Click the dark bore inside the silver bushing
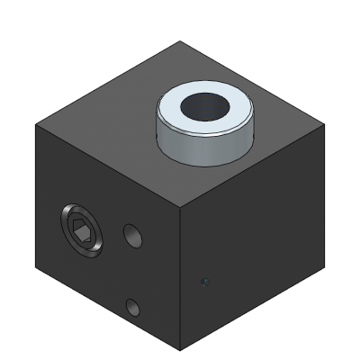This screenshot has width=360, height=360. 204,107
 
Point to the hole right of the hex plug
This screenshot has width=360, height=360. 133,237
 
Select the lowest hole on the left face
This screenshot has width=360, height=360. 133,308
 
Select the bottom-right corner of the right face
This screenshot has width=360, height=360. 320,268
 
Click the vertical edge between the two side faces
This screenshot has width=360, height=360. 184,279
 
